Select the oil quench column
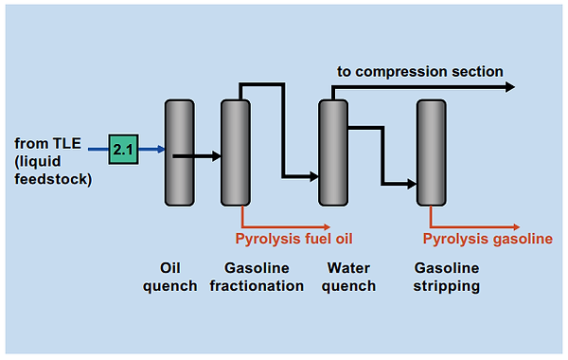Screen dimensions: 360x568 pos(178,152)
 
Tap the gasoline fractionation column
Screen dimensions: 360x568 pos(235,152)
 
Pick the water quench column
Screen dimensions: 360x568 pos(332,152)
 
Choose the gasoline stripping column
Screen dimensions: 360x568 pos(431,152)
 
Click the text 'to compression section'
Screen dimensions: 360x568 pos(420,71)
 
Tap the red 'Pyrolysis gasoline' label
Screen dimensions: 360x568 pos(488,238)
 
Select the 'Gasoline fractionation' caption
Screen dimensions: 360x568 pos(263,277)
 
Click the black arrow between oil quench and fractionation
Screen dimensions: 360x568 pos(202,154)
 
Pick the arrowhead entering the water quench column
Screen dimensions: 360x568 pos(312,176)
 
